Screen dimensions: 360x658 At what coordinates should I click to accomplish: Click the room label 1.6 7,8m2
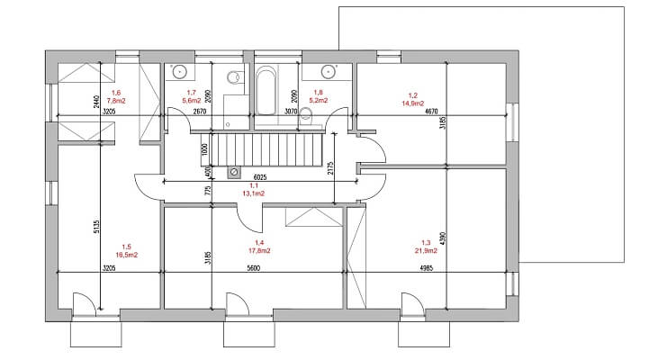point(115,96)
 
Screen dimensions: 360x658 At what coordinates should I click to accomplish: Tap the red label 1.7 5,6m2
point(191,96)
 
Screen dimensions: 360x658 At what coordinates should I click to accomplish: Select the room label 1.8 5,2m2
point(317,96)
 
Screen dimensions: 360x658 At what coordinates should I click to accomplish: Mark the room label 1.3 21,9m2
point(426,247)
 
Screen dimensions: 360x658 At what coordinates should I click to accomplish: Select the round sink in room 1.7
point(179,70)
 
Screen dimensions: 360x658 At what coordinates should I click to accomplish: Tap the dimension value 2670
point(200,112)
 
